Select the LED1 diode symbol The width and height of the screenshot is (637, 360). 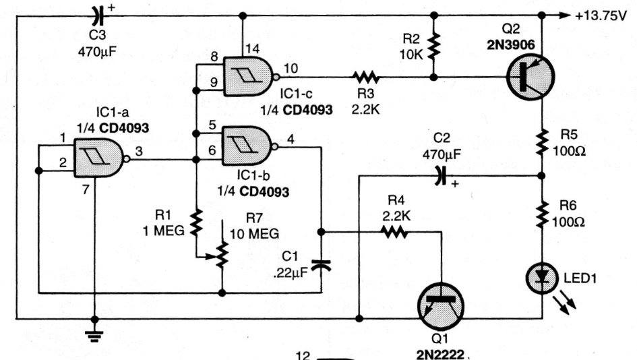coord(541,278)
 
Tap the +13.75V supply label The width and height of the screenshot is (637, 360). coord(600,16)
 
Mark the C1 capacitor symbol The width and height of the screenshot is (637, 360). coord(321,265)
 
